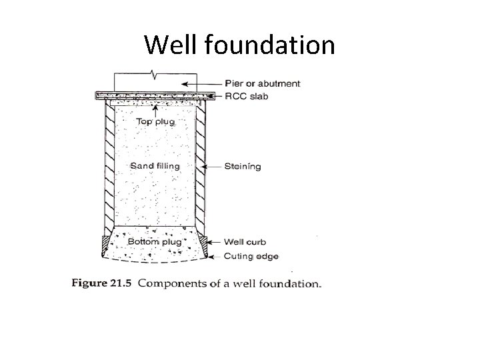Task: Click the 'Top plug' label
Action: [155, 121]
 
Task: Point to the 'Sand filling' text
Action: [155, 165]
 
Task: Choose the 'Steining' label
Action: [242, 166]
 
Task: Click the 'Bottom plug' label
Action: [154, 241]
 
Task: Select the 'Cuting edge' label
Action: [251, 256]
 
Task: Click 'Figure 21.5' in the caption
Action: [102, 283]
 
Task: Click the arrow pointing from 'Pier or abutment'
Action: [203, 84]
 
